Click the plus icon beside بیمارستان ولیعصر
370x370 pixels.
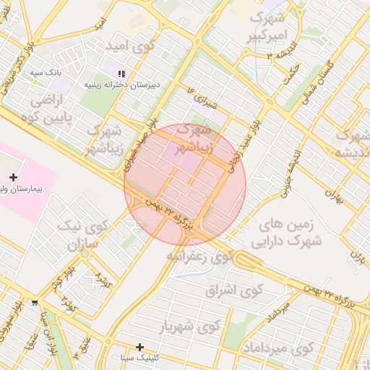click(x=13, y=177)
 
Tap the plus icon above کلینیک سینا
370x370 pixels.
click(x=139, y=347)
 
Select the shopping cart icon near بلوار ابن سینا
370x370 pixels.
click(x=35, y=303)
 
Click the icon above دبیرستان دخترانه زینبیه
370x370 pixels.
click(x=121, y=73)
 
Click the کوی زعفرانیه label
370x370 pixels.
click(x=200, y=257)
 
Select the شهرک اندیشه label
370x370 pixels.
click(x=353, y=143)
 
